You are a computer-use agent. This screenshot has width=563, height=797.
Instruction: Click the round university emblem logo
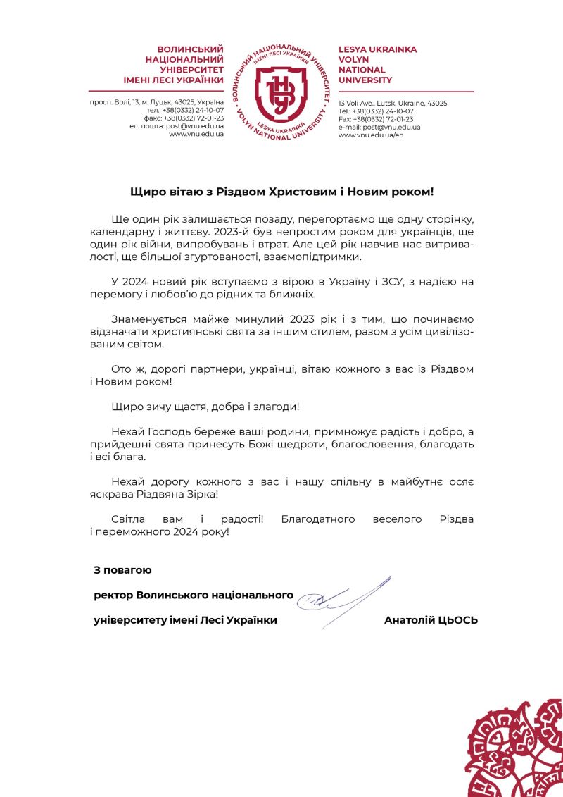281,91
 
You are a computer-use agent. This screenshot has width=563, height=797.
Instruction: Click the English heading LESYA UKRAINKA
377,49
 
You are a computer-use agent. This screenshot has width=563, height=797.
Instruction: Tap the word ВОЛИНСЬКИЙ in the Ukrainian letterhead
190,49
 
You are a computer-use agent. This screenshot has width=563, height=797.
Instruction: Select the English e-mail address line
379,127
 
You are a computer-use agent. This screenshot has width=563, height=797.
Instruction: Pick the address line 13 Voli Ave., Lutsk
393,103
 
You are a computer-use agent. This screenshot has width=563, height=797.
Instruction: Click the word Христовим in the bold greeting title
292,191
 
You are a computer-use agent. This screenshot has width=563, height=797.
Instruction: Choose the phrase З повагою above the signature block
122,569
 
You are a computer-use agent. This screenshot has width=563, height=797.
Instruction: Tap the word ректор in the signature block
113,595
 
